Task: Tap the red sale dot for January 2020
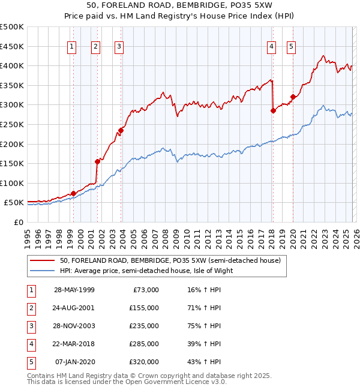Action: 293,97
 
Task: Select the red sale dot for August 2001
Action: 97,161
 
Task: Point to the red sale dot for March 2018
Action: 273,110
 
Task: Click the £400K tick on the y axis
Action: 13,65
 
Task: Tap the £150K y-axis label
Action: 13,163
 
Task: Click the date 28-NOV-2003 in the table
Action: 74,326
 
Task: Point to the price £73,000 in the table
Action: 145,290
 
